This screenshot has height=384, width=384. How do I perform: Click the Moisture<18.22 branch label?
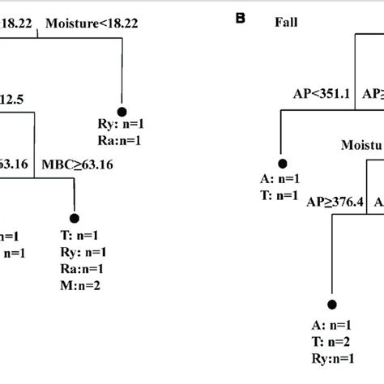click(91, 23)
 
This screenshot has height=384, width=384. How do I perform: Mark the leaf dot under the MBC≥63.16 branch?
click(75, 218)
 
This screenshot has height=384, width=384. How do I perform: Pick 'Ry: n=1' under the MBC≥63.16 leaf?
click(83, 254)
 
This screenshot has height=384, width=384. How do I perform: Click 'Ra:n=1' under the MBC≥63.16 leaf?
click(81, 269)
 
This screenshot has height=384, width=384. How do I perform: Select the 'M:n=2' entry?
click(80, 284)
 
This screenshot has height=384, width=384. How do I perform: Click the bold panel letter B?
click(240, 16)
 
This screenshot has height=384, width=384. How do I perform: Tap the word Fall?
click(284, 23)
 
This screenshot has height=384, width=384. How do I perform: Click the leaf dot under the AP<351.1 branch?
click(283, 160)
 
